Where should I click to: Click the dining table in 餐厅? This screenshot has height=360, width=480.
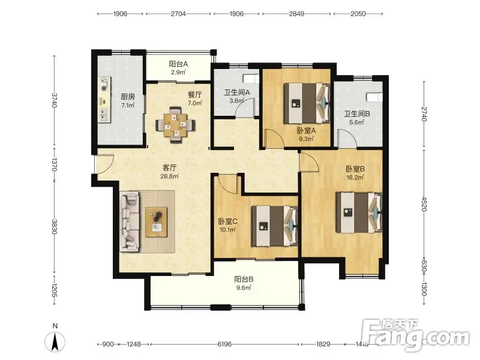(x=175, y=125)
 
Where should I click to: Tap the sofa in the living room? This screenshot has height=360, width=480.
(x=130, y=221)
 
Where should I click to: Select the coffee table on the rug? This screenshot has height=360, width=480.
(x=156, y=222)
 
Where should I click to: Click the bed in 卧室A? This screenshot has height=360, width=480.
(x=307, y=103)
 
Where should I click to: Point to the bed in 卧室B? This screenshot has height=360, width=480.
(x=359, y=212)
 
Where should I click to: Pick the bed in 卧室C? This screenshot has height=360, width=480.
(x=275, y=226)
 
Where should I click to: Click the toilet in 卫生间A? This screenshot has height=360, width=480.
(x=251, y=79)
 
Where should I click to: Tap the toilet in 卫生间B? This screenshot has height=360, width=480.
(x=374, y=97)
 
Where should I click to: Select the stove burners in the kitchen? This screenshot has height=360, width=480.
(x=104, y=84)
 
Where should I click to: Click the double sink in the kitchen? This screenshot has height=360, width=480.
(x=104, y=115)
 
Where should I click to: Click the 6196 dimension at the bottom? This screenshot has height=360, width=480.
(x=224, y=344)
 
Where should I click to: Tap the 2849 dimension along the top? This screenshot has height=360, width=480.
(x=296, y=14)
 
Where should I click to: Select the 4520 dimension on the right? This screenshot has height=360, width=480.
(x=424, y=203)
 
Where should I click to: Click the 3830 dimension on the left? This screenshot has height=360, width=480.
(x=54, y=227)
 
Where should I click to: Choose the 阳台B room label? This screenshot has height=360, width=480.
(x=244, y=279)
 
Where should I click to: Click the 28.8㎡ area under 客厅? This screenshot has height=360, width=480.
(x=169, y=176)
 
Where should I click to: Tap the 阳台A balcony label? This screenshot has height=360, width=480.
(x=178, y=64)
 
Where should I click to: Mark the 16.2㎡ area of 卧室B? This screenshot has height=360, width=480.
(x=355, y=178)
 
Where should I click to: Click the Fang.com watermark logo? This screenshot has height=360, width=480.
(x=415, y=334)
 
